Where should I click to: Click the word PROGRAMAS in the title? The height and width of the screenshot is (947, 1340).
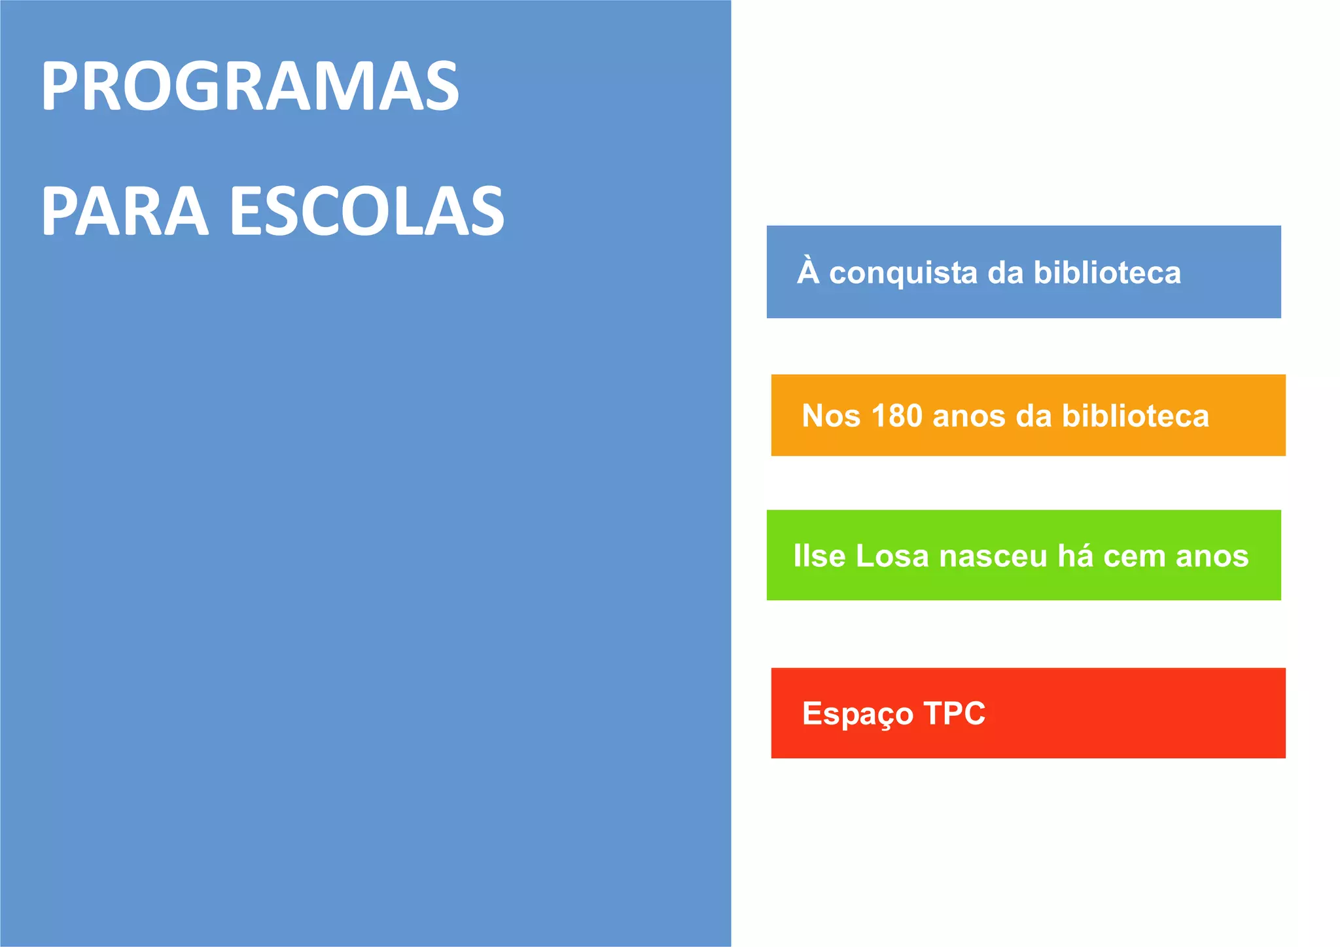coord(250,86)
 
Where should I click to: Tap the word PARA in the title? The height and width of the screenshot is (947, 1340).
coord(124,211)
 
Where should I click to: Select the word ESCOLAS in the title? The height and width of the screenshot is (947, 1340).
coord(367,211)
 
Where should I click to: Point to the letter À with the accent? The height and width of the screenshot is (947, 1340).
coord(808,271)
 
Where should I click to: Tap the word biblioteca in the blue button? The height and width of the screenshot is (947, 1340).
coord(1107,272)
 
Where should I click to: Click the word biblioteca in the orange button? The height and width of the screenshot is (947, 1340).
coord(1135,416)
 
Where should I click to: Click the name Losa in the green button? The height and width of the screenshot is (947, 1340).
coord(892,556)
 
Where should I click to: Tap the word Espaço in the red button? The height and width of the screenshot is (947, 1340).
coord(857,714)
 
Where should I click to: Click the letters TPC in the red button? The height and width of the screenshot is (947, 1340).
coord(954,713)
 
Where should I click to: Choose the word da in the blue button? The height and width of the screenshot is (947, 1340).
coord(1005,273)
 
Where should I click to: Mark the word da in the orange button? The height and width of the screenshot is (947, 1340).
coord(1033,416)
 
